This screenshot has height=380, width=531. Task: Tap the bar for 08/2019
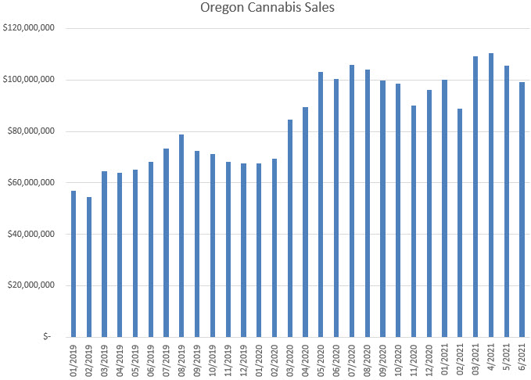tap(181, 235)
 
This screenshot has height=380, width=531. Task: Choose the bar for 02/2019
tap(89, 267)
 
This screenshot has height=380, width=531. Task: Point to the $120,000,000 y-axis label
tap(28, 28)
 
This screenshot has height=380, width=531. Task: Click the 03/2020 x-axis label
tap(290, 361)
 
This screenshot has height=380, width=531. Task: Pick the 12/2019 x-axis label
tap(243, 361)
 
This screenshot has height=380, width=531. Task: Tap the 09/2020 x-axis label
tap(383, 361)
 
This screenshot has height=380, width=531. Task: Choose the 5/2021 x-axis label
tap(507, 363)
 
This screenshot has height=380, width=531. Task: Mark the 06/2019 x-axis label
tap(151, 361)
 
